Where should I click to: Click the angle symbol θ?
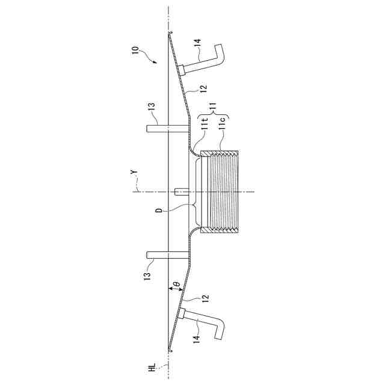coord(177,284)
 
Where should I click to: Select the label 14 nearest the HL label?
coord(199,339)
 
